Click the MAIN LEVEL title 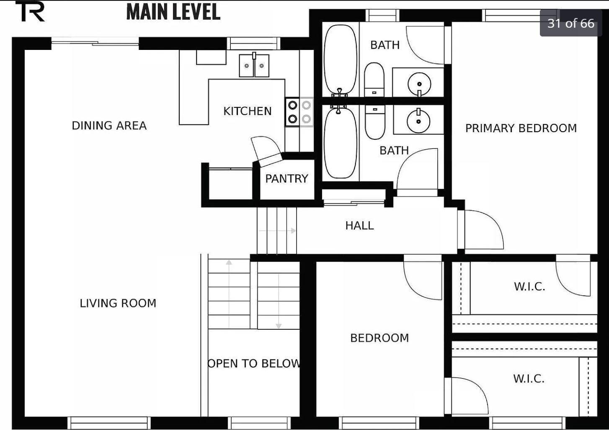click(x=173, y=12)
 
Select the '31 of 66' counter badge click(x=570, y=23)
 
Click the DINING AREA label click(x=109, y=125)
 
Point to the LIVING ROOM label click(x=118, y=303)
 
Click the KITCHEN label click(x=247, y=111)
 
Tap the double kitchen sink click(x=254, y=66)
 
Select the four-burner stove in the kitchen click(x=299, y=112)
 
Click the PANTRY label click(x=286, y=179)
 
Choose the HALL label click(x=359, y=226)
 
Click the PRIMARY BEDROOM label click(x=521, y=128)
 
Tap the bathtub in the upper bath click(x=340, y=59)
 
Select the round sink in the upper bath click(x=419, y=84)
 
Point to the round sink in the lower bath click(x=418, y=121)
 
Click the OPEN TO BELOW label click(x=254, y=363)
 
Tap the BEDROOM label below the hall click(x=379, y=338)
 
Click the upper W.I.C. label click(x=529, y=287)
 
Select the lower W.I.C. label click(x=529, y=379)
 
